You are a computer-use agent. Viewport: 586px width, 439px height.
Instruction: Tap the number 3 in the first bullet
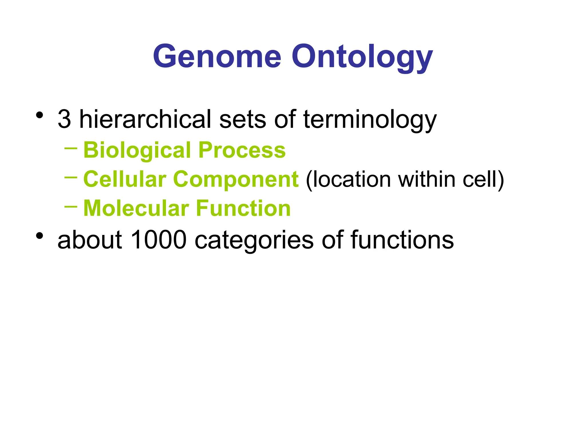(64, 119)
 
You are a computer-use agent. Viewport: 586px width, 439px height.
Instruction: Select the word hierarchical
(145, 119)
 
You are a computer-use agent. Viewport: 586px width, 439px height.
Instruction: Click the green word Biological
(137, 150)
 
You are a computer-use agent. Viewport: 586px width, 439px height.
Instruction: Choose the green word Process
(242, 150)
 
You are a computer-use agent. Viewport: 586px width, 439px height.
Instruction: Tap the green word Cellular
(125, 179)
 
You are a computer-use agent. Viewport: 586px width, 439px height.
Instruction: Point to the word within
(427, 179)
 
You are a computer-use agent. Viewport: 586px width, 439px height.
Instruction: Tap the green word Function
(243, 208)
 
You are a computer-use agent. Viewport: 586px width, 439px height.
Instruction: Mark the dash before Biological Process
(71, 148)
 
